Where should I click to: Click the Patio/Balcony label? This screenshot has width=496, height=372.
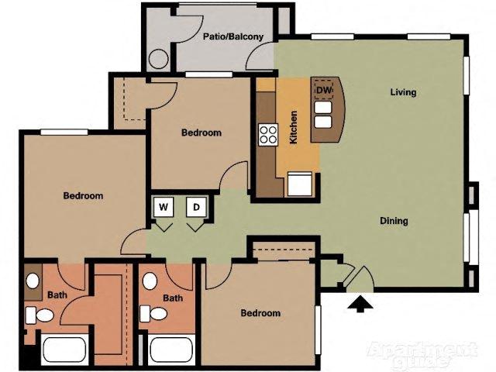[233, 36]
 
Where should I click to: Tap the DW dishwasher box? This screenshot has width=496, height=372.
[323, 90]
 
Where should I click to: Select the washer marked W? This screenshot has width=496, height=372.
[164, 207]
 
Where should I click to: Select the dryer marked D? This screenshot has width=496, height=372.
[197, 207]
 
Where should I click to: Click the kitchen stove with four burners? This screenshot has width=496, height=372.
[268, 135]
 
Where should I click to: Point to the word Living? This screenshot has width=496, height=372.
[403, 93]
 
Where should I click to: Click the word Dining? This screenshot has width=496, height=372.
[394, 222]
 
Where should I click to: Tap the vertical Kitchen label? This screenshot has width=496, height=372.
[294, 129]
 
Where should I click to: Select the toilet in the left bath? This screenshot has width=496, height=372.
[38, 315]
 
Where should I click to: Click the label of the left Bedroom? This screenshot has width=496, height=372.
[83, 196]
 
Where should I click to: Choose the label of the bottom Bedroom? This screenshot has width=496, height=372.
[260, 313]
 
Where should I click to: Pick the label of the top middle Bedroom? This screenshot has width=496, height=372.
[201, 133]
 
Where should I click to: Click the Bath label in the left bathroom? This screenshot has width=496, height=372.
[57, 295]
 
